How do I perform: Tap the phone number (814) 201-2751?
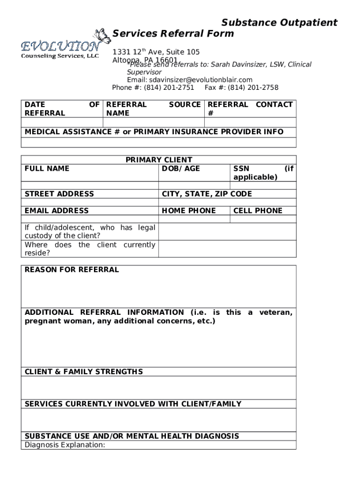point(169,87)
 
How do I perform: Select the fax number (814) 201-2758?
point(253,87)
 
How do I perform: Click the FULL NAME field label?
point(47,168)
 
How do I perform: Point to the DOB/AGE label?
point(181,168)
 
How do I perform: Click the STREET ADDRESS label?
point(59,194)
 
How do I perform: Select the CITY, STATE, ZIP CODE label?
point(207,194)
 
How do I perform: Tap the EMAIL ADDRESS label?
point(57,210)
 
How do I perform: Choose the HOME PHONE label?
point(189,210)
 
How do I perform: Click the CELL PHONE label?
point(258,210)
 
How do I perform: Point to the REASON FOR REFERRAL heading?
point(72,269)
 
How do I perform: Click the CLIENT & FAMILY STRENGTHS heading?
point(84,372)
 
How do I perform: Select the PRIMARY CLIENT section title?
point(159,160)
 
